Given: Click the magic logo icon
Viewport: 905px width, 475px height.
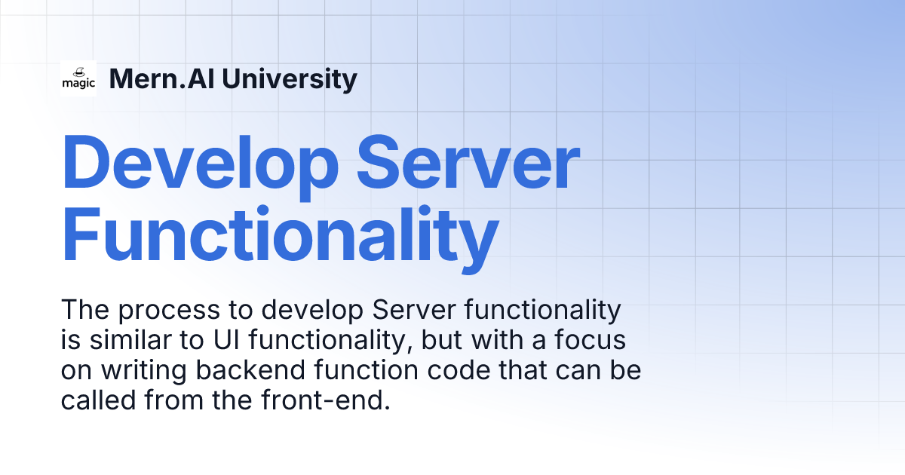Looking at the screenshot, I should [x=78, y=78].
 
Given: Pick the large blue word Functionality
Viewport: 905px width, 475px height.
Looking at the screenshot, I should [x=280, y=236].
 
